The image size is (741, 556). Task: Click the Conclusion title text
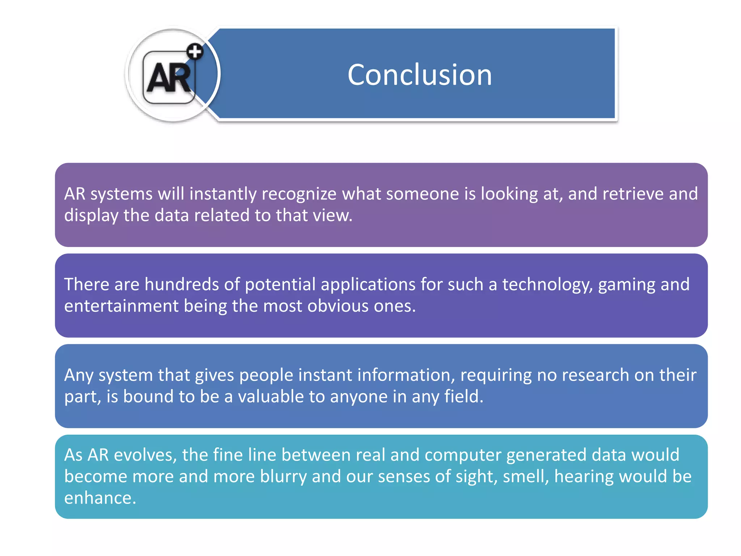point(419,75)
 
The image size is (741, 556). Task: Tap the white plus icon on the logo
point(195,52)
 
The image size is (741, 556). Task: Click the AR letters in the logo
point(169,77)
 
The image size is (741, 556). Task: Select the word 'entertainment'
point(121,306)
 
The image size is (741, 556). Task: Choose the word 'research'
point(593,375)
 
